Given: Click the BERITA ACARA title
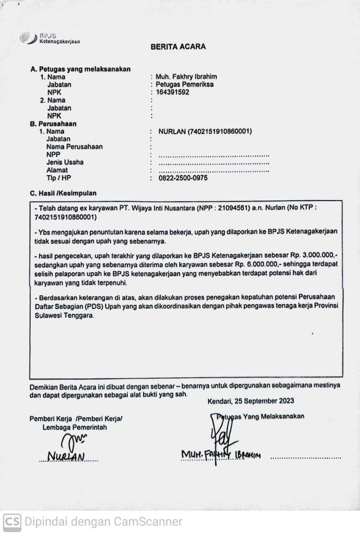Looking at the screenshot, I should (178, 47).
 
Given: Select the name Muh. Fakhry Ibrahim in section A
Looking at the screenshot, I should (186, 77).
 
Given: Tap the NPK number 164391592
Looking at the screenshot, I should (172, 92).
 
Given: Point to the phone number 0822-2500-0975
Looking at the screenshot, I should (183, 178).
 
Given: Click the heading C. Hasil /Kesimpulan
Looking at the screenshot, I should (63, 194).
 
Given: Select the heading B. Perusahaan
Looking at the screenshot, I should (53, 124).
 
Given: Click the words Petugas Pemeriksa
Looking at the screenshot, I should (185, 84).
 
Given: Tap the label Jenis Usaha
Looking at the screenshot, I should (65, 162).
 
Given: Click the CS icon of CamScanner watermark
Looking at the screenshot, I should (12, 522).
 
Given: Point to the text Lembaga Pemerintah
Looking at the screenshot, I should (74, 427).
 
